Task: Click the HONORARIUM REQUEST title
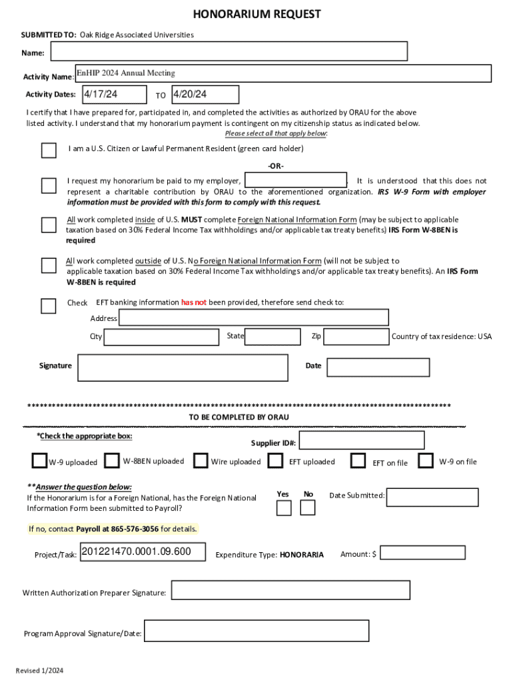[x=256, y=14]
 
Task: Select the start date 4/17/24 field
[x=114, y=95]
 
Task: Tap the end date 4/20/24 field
[x=205, y=95]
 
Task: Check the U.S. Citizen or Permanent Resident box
[x=49, y=150]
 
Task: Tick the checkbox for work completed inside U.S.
[x=49, y=225]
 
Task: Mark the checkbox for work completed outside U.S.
[x=49, y=266]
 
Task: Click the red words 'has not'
[x=194, y=302]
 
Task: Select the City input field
[x=161, y=337]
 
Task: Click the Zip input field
[x=356, y=337]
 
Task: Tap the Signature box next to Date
[x=183, y=367]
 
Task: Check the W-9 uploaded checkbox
[x=39, y=461]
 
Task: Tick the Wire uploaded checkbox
[x=201, y=461]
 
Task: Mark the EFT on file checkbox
[x=358, y=461]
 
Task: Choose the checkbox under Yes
[x=284, y=508]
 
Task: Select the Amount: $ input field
[x=422, y=553]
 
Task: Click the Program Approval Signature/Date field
[x=256, y=631]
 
